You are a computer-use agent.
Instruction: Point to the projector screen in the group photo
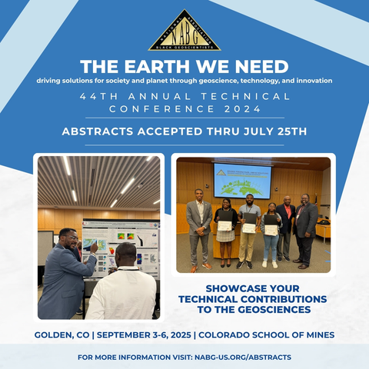(x=241, y=181)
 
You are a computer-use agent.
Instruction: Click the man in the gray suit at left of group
(x=199, y=227)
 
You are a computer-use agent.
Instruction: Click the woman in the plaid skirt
(x=224, y=231)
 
